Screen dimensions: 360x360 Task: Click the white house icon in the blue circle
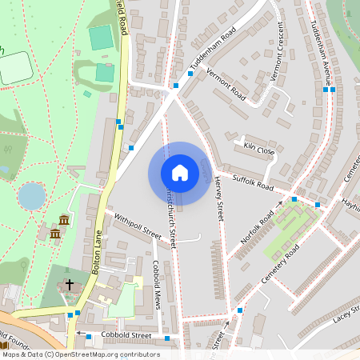[x=180, y=173]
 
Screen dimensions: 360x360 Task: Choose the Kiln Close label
[x=260, y=150]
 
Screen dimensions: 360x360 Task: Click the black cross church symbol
[x=69, y=284]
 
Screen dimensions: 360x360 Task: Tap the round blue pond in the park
[x=32, y=195]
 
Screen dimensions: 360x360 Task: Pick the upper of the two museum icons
[x=64, y=219]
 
